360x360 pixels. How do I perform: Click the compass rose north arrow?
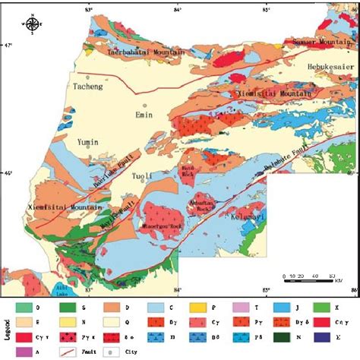click(x=31, y=24)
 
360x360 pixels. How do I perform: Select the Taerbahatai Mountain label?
click(x=146, y=52)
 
